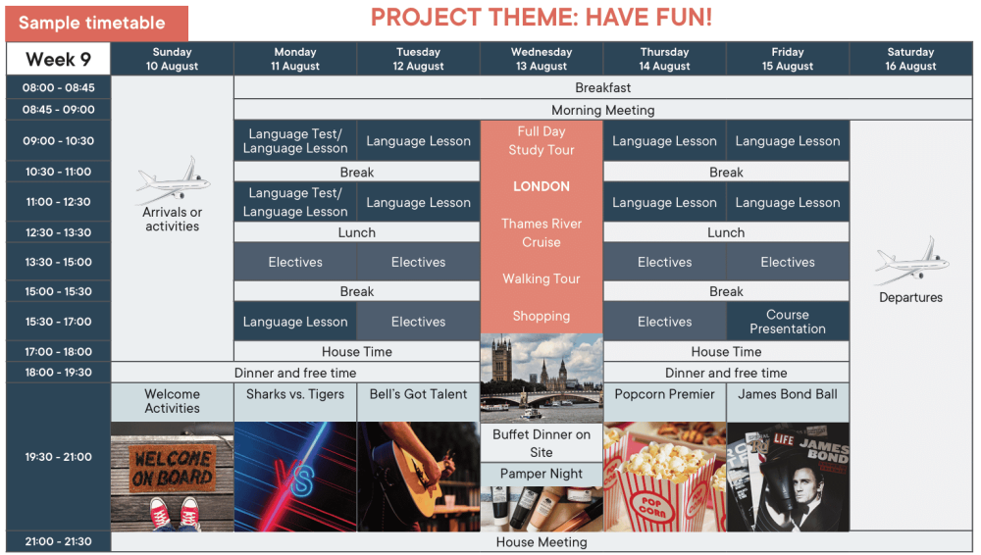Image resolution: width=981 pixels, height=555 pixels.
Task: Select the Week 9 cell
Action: tap(58, 60)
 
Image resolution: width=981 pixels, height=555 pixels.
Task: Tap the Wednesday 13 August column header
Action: tap(542, 59)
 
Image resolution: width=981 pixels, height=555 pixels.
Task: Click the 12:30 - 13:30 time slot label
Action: tap(58, 232)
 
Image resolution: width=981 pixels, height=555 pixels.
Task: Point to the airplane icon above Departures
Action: tap(911, 260)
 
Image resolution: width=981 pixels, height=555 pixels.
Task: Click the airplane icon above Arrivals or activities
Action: tap(174, 180)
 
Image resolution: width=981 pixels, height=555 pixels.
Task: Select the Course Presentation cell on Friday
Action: tap(788, 322)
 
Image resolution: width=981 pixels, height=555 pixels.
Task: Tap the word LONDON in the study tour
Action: tap(542, 186)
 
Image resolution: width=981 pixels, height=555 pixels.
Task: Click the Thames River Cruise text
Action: tap(542, 232)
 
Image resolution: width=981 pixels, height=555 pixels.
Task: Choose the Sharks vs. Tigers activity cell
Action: tap(295, 402)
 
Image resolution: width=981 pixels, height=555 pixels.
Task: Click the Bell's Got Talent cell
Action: tap(418, 402)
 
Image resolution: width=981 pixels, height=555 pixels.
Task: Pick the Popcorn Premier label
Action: tap(664, 394)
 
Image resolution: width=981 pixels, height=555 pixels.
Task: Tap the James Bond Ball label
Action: tap(787, 394)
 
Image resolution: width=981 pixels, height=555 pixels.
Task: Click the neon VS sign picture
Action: tap(295, 477)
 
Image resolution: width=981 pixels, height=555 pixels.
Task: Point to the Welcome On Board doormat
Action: tap(173, 469)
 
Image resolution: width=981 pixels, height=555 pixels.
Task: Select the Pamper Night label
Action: tap(542, 474)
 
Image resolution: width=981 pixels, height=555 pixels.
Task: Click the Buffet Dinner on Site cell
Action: tap(542, 443)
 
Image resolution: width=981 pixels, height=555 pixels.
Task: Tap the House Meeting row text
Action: tap(542, 542)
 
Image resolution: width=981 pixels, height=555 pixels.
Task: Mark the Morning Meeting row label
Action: tap(603, 110)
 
